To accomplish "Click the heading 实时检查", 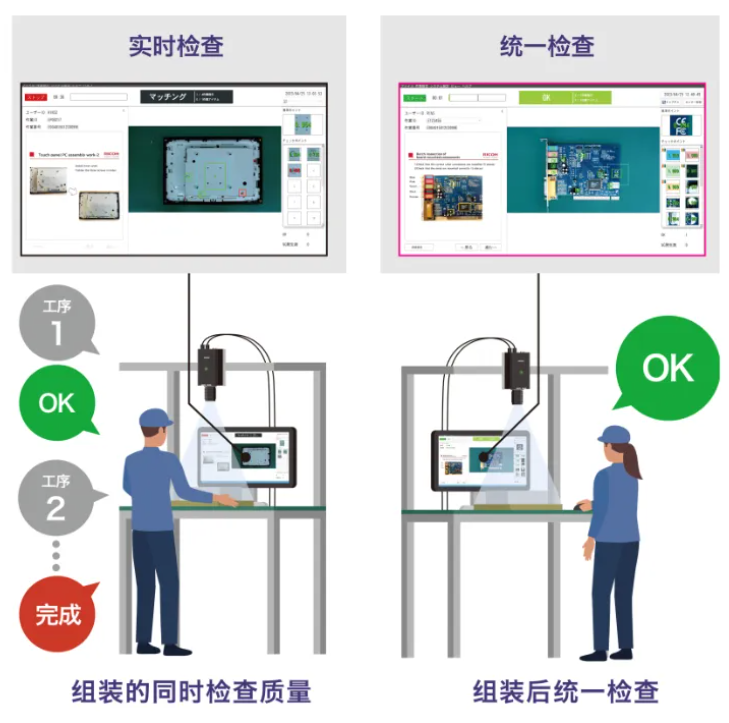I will [176, 46].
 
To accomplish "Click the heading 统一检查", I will [546, 46].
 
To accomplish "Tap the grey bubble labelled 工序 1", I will [56, 323].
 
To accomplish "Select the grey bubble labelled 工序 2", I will [56, 498].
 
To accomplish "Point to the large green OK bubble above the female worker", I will [668, 369].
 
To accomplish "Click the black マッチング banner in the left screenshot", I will [186, 97].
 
